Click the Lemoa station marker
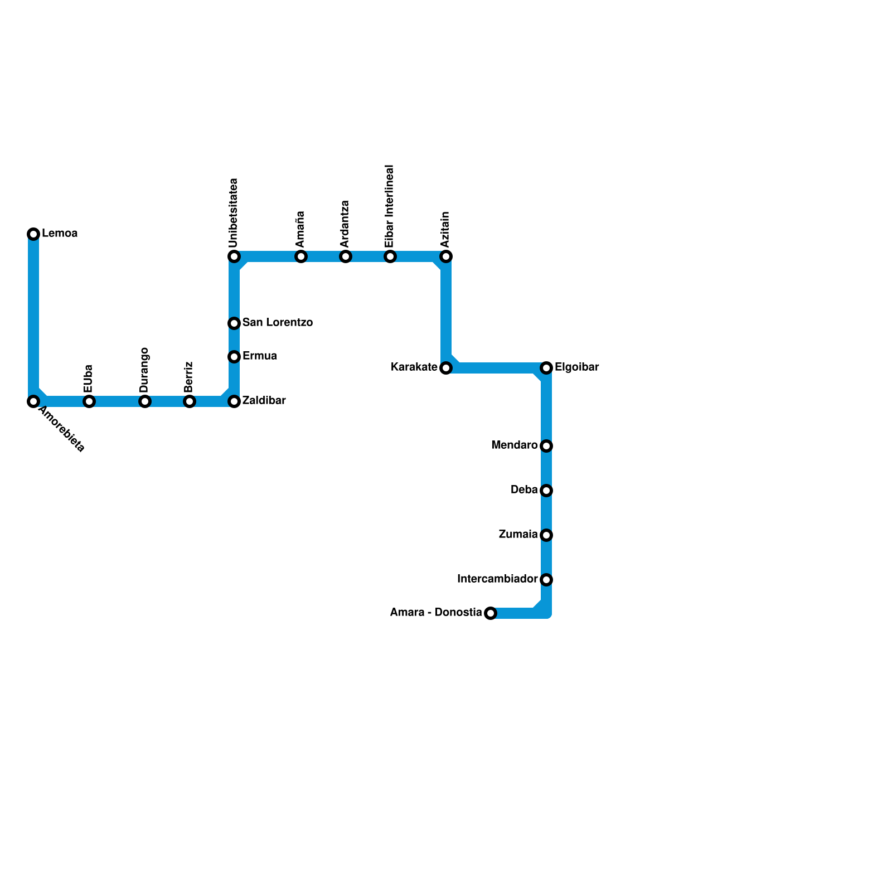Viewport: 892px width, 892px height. (x=33, y=234)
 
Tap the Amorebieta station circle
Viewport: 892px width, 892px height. (x=33, y=401)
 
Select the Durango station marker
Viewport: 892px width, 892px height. (x=145, y=401)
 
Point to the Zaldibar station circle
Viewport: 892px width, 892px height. (x=234, y=401)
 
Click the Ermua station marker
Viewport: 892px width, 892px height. (x=234, y=357)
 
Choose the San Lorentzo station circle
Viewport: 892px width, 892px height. (x=234, y=323)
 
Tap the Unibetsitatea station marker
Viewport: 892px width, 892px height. (x=234, y=256)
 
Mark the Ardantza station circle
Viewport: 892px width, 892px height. (x=346, y=256)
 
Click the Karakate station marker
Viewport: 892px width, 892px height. (x=446, y=368)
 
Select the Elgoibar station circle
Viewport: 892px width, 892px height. (x=546, y=368)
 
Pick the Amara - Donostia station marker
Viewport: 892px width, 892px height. (x=491, y=613)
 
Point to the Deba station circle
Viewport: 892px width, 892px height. (x=546, y=491)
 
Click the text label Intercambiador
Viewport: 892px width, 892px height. (x=497, y=579)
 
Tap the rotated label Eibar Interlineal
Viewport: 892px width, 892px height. (x=390, y=206)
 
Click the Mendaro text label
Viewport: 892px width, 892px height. (x=514, y=445)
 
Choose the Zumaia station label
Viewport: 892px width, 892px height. (x=518, y=535)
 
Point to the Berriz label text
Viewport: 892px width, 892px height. (x=189, y=376)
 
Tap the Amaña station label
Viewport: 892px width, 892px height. (x=300, y=229)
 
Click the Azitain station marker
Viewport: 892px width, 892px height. (x=446, y=256)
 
